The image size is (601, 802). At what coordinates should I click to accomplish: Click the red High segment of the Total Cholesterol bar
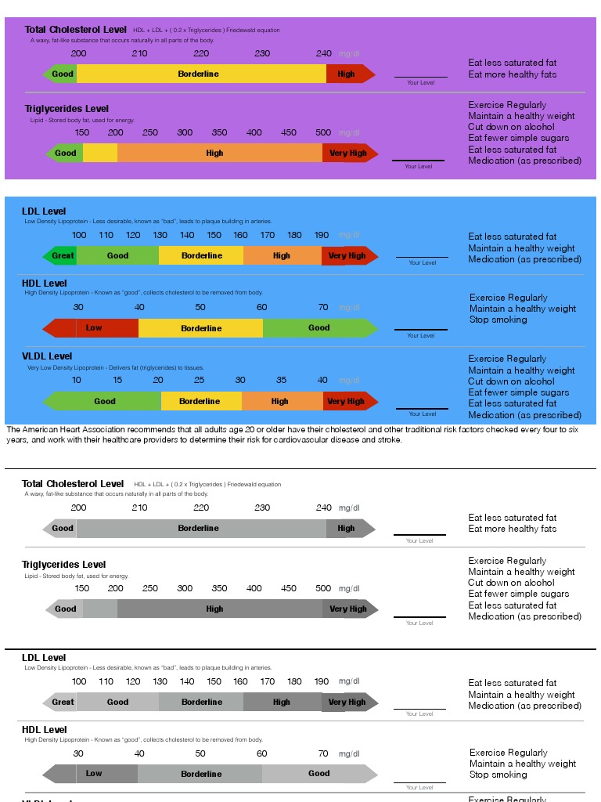click(346, 74)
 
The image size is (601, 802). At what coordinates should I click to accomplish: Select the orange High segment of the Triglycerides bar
click(214, 154)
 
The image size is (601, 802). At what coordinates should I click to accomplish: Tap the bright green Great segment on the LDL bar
click(63, 256)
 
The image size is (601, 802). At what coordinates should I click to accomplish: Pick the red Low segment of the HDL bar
click(94, 328)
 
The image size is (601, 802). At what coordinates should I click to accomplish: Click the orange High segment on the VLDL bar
click(279, 402)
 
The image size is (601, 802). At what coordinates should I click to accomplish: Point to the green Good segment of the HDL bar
click(318, 328)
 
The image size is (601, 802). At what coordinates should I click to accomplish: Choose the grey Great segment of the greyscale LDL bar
click(63, 703)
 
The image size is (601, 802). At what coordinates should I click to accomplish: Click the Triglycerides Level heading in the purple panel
click(67, 109)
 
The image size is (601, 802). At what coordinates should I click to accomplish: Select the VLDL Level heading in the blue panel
click(47, 356)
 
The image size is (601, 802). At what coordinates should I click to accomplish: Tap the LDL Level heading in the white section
click(44, 658)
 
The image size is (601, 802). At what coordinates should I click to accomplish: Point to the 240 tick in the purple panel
click(323, 53)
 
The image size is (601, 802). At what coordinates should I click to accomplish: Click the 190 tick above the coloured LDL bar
click(321, 235)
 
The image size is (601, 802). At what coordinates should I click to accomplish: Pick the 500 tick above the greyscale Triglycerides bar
click(323, 588)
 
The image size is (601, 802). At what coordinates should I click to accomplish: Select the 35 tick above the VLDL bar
click(281, 381)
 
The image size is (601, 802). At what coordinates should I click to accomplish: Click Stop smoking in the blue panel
click(498, 320)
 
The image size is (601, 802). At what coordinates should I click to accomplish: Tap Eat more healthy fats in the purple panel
click(513, 74)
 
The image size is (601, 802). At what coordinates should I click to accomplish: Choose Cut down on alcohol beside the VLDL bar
click(511, 381)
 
